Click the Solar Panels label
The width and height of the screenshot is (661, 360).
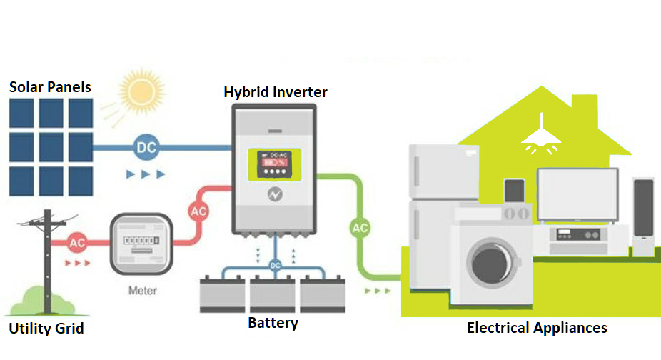50,87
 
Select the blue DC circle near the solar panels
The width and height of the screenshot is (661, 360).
146,149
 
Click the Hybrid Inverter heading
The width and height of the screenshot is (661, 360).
276,92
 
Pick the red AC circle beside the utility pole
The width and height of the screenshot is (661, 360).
77,243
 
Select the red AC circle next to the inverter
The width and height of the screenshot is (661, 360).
199,211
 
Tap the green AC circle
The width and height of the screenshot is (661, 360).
360,229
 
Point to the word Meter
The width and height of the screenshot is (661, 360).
143,291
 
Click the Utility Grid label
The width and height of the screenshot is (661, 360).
46,329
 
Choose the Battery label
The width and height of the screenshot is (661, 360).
273,323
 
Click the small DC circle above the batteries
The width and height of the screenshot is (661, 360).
275,265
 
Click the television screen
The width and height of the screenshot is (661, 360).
577,194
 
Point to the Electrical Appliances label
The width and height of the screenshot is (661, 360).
537,328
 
